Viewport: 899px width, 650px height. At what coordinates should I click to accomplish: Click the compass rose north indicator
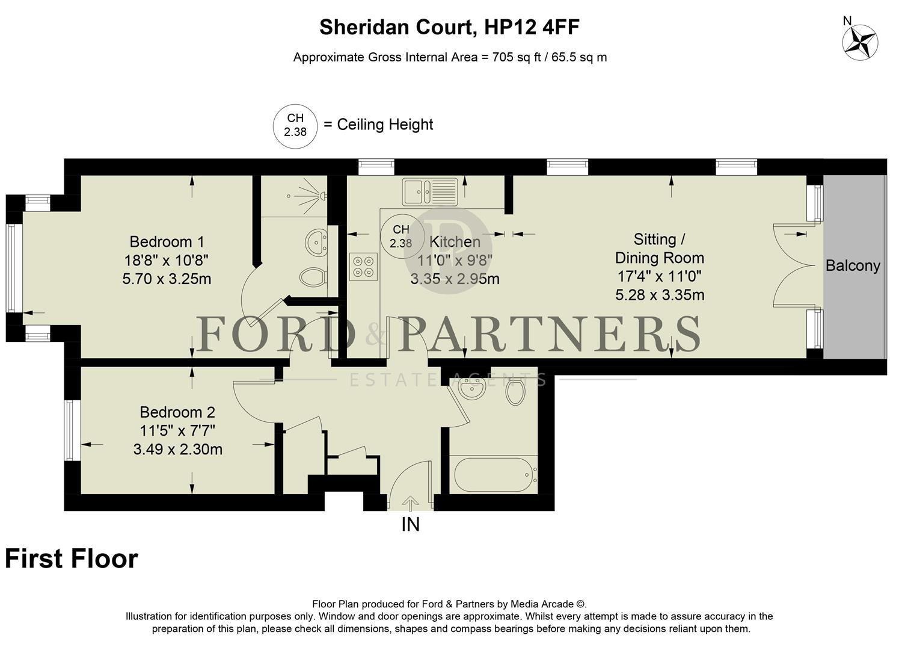[x=859, y=42]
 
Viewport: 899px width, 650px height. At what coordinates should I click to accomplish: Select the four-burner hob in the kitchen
[x=363, y=267]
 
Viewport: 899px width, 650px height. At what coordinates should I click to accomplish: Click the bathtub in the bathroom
[x=492, y=475]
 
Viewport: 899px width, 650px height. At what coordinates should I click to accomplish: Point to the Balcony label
[x=853, y=265]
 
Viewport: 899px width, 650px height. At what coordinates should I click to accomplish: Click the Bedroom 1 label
[x=167, y=242]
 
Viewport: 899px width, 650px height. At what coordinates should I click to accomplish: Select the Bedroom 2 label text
[x=177, y=412]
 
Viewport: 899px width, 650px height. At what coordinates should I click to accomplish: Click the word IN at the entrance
[x=410, y=525]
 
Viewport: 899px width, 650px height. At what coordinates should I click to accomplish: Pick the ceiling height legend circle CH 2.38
[x=295, y=125]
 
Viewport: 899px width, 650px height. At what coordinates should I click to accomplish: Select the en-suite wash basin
[x=316, y=243]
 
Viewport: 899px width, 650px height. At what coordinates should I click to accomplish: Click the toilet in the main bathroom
[x=515, y=391]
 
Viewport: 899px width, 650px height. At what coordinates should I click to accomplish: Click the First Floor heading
[x=72, y=559]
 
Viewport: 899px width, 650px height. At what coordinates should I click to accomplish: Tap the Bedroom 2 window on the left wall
[x=70, y=430]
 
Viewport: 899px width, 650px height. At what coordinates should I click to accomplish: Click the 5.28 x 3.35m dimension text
[x=660, y=295]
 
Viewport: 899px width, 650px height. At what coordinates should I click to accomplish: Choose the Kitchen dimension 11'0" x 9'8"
[x=455, y=261]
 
